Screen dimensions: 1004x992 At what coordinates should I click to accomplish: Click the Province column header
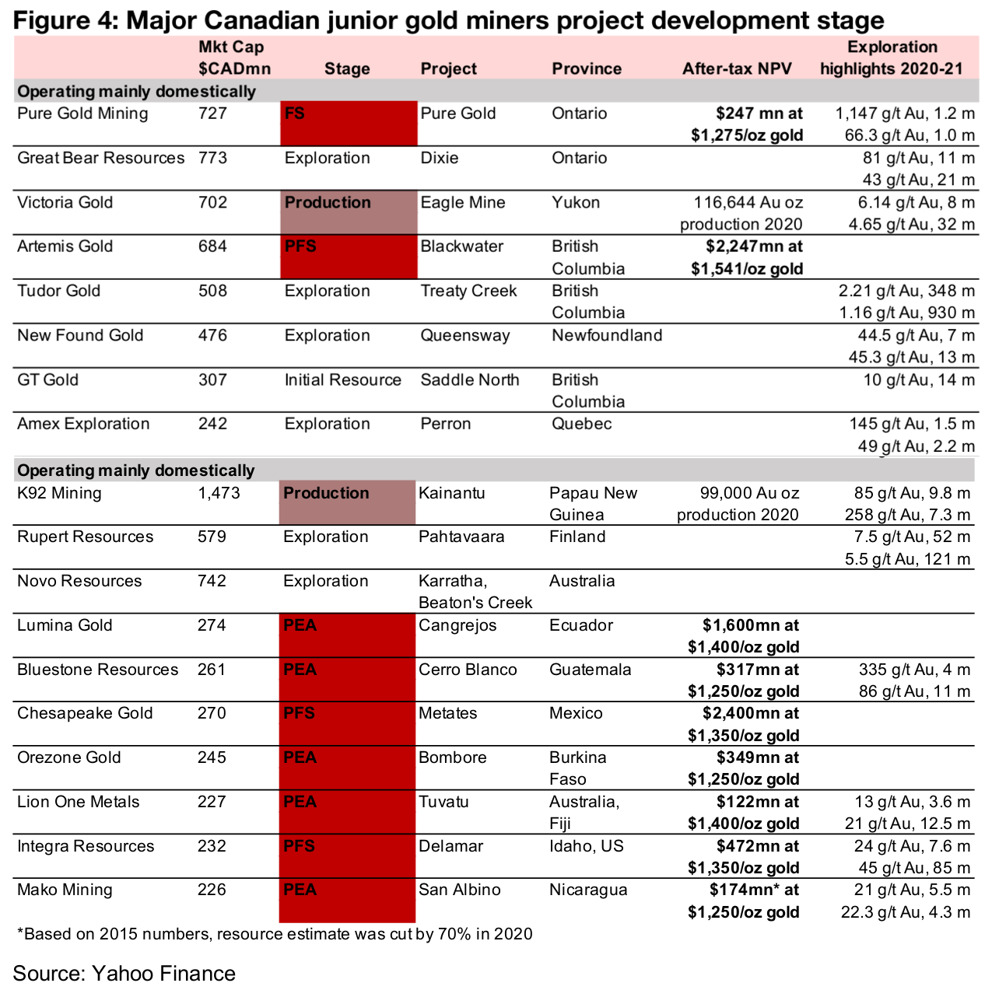click(x=587, y=68)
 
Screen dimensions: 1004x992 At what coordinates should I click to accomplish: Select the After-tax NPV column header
click(x=736, y=68)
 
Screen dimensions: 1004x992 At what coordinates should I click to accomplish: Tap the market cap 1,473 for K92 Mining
click(x=219, y=493)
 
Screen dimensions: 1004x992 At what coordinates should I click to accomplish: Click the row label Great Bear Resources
click(x=101, y=158)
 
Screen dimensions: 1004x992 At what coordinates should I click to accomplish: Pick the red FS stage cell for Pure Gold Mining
click(x=349, y=124)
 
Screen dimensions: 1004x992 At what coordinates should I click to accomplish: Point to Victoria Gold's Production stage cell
click(x=349, y=212)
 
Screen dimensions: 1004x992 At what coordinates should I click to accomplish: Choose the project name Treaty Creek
click(x=468, y=291)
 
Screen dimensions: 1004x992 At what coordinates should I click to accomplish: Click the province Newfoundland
click(x=607, y=335)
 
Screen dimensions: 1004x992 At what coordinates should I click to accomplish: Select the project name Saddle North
click(x=469, y=380)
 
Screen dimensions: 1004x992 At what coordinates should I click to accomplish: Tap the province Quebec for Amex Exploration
click(x=581, y=424)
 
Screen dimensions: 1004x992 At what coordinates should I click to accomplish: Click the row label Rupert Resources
click(x=86, y=537)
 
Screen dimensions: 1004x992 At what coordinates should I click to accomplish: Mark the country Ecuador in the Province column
click(x=580, y=625)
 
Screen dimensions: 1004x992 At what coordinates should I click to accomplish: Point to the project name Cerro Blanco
click(x=468, y=670)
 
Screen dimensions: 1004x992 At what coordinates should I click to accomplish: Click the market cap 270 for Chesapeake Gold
click(x=212, y=713)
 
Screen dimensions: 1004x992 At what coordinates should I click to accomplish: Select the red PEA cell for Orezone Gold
click(x=347, y=768)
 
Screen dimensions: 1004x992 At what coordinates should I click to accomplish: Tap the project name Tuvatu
click(x=443, y=802)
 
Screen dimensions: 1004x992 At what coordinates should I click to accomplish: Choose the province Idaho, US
click(x=586, y=846)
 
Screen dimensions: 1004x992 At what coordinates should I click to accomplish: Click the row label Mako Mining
click(x=65, y=890)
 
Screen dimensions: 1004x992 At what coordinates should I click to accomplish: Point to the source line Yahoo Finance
click(x=124, y=974)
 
